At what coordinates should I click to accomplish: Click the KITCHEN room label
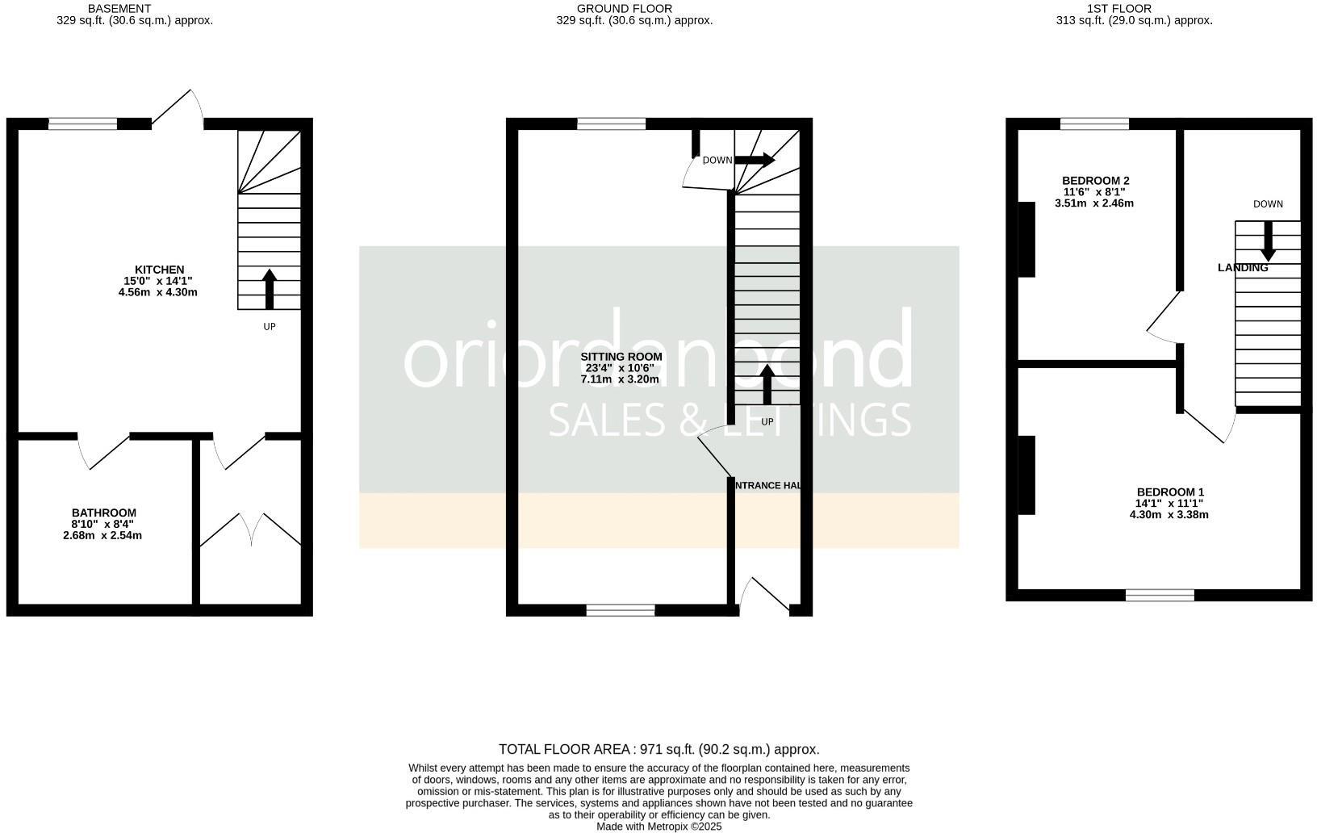coord(159,270)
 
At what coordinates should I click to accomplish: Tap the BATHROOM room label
coord(104,513)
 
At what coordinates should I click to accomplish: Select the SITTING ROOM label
coord(621,357)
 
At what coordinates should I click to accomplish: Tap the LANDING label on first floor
coord(1242,268)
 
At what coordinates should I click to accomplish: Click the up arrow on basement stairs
coord(270,289)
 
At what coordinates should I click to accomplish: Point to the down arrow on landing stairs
coord(1268,241)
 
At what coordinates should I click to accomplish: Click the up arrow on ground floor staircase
coord(767,385)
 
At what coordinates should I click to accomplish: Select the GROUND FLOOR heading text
coord(625,8)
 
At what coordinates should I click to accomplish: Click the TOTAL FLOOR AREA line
coord(658,749)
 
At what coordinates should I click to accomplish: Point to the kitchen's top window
coord(82,123)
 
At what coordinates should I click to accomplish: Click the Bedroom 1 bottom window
coord(1160,596)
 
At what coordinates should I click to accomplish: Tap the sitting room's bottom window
coord(621,610)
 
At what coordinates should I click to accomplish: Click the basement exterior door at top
coord(179,109)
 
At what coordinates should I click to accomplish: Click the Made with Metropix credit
coord(658,827)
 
